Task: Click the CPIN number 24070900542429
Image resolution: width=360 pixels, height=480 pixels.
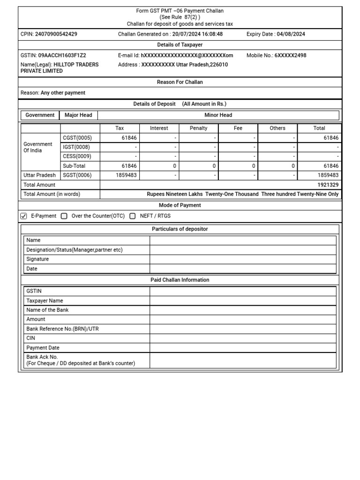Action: pyautogui.click(x=56, y=34)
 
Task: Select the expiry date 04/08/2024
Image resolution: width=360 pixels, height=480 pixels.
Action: pyautogui.click(x=292, y=34)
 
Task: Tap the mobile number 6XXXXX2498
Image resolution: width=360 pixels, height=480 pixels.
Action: pyautogui.click(x=290, y=55)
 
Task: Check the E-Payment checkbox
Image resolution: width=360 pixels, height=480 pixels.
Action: pyautogui.click(x=24, y=216)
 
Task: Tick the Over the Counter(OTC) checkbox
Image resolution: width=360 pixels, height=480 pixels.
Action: pyautogui.click(x=64, y=216)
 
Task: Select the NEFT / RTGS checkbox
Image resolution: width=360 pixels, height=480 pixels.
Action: pyautogui.click(x=133, y=216)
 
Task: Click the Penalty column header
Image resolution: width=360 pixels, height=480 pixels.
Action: pyautogui.click(x=198, y=128)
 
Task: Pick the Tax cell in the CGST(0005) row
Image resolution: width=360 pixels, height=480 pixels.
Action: pyautogui.click(x=120, y=138)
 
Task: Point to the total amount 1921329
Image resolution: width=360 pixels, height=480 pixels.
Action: pyautogui.click(x=328, y=185)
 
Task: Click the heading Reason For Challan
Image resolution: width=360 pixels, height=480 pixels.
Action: pyautogui.click(x=180, y=82)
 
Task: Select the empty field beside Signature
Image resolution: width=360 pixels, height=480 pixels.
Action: pyautogui.click(x=243, y=259)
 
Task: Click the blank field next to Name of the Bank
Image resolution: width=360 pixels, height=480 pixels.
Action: pyautogui.click(x=243, y=310)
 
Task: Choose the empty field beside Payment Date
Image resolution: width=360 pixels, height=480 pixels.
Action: pyautogui.click(x=243, y=348)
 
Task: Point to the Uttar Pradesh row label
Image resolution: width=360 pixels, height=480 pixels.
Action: pyautogui.click(x=40, y=175)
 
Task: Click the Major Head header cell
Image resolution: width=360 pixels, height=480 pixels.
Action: pyautogui.click(x=78, y=115)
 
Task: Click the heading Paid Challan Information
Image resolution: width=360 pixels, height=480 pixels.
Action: pyautogui.click(x=180, y=280)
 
